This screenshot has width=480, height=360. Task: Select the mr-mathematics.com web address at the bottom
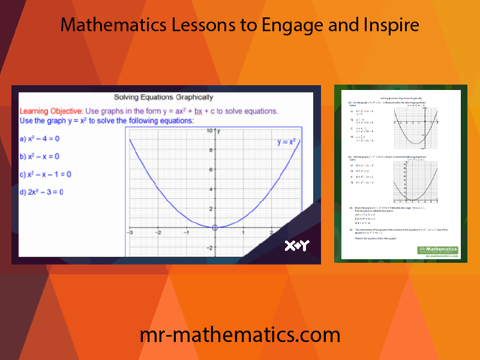point(240,334)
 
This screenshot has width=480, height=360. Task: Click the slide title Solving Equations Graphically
point(164,97)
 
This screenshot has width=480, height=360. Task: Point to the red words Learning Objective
point(51,111)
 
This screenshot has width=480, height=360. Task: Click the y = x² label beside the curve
point(286,142)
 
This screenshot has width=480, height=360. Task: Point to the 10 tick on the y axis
point(210,130)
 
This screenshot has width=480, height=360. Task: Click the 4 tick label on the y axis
point(211,189)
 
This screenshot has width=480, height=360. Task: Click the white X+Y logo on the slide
point(296,245)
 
